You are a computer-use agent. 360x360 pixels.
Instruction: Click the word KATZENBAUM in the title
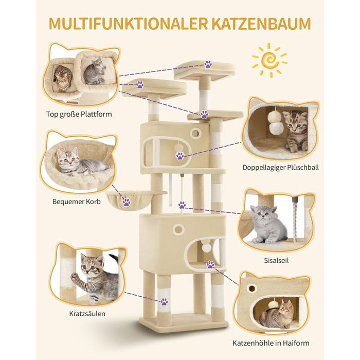tap(261, 24)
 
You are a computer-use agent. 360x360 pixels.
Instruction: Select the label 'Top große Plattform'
tap(79, 114)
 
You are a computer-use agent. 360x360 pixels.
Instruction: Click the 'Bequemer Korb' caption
tap(77, 202)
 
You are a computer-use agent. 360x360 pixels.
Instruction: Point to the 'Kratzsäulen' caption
tap(87, 314)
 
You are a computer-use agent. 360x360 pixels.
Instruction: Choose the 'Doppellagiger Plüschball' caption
tap(281, 167)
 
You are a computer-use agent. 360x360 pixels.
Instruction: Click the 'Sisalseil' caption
tap(276, 260)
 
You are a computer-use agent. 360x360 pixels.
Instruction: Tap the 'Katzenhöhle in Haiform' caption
tap(271, 343)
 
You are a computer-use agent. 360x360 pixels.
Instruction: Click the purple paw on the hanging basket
tap(127, 202)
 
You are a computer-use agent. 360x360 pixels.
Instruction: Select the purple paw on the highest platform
tap(208, 64)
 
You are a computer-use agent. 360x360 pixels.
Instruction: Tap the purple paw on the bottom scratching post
tap(164, 302)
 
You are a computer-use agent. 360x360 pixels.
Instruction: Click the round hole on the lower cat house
tap(178, 229)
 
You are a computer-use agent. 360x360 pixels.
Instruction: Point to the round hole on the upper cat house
tap(195, 133)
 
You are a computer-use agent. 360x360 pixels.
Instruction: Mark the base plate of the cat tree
tap(183, 321)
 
